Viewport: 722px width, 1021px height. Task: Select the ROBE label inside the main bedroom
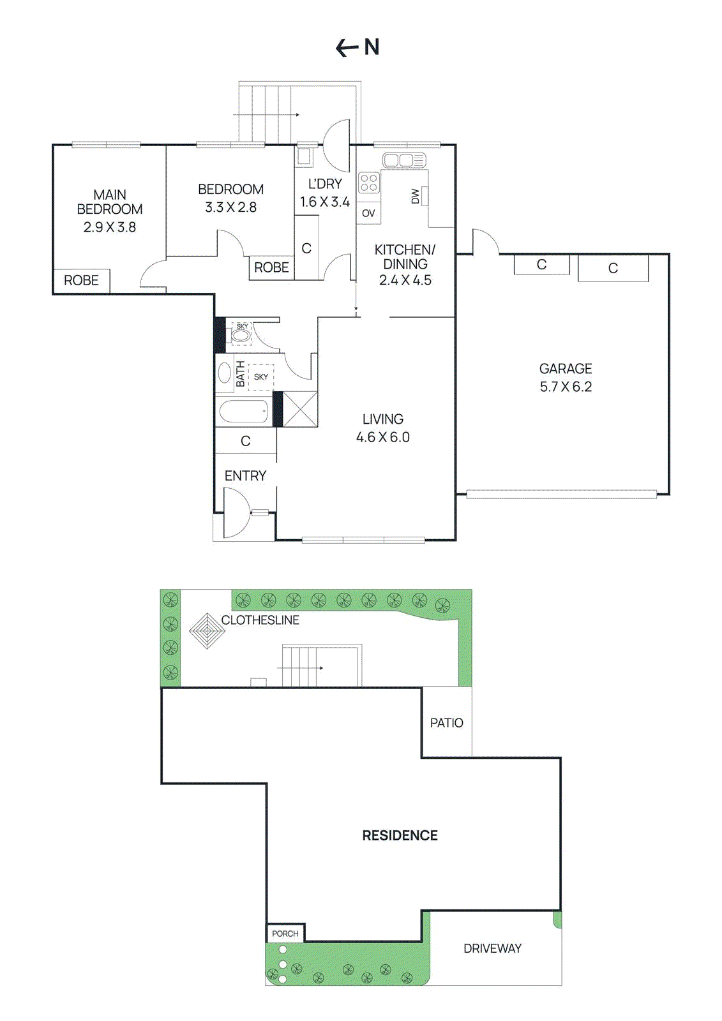(x=81, y=281)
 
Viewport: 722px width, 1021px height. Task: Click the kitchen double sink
(x=404, y=160)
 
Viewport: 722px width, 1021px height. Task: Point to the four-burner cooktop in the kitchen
(x=369, y=183)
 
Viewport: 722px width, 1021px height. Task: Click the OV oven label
(x=368, y=213)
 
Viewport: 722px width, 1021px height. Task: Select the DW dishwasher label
(x=416, y=196)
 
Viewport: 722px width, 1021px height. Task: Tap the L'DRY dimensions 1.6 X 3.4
(x=325, y=202)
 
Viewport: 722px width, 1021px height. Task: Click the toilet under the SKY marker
(x=241, y=335)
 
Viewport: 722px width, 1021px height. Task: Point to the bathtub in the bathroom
(x=243, y=412)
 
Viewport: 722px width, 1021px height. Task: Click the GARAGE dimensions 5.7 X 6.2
(x=566, y=387)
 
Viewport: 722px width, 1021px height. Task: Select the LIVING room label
(x=383, y=419)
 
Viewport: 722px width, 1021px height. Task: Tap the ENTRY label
(x=245, y=476)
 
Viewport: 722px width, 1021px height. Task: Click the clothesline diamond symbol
(x=207, y=630)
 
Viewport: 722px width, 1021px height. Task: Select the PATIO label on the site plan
(x=446, y=723)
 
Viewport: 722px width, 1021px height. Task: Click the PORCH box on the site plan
(x=285, y=934)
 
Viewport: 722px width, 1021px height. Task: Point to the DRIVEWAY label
(x=492, y=949)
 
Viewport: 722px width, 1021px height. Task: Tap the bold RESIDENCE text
(x=400, y=836)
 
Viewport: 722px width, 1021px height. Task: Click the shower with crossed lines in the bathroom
(x=300, y=409)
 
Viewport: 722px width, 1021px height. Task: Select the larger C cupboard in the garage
(x=613, y=269)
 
